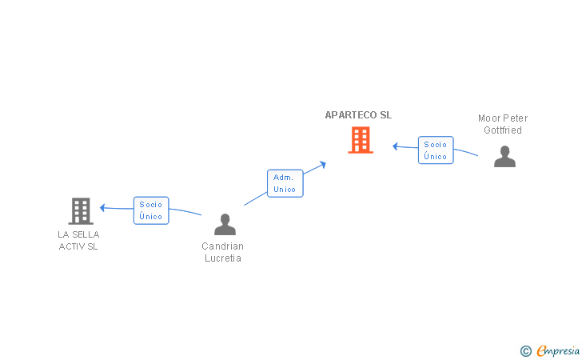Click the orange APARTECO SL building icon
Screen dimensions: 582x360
click(361, 140)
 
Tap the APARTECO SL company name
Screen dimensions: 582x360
click(358, 115)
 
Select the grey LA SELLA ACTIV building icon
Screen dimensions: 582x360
click(80, 210)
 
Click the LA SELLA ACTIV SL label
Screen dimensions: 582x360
click(78, 240)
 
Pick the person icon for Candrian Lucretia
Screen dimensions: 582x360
click(225, 225)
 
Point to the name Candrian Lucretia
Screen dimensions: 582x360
click(222, 252)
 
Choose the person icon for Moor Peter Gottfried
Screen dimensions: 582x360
click(504, 156)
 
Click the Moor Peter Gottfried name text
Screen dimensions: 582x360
click(503, 124)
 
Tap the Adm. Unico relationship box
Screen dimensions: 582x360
click(284, 183)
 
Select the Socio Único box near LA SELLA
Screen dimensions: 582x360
click(150, 210)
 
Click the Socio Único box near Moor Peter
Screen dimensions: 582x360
click(436, 150)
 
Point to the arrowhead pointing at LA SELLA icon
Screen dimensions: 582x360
click(102, 207)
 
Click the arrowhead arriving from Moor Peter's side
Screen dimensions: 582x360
click(395, 146)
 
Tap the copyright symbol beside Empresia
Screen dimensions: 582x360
click(525, 350)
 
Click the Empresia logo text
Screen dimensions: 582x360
click(558, 350)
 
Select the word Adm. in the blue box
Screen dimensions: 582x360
click(284, 178)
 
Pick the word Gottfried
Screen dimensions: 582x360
click(503, 130)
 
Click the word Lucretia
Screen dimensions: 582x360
click(222, 258)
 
